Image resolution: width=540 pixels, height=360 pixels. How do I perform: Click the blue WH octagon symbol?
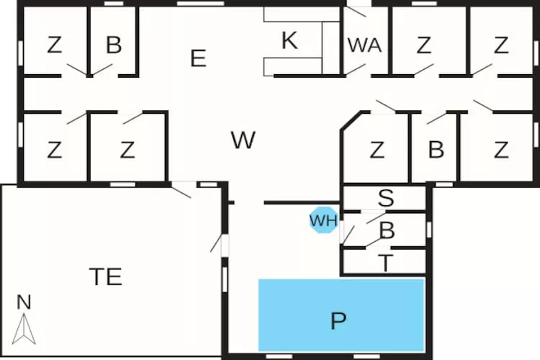tap(324, 220)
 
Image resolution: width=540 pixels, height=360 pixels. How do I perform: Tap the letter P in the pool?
tap(338, 320)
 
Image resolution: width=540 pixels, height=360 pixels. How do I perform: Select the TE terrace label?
tap(106, 276)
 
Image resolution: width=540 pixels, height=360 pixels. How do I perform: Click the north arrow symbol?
tap(24, 328)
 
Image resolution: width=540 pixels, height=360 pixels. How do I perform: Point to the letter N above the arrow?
tap(24, 302)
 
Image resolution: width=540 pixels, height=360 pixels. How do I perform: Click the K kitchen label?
tap(289, 40)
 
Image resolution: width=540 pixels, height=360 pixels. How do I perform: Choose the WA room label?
tap(364, 45)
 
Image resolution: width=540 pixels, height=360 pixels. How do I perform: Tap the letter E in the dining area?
tap(199, 58)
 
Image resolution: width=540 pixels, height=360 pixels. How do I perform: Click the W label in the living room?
tap(243, 140)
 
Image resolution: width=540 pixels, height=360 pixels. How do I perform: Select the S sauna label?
tap(386, 198)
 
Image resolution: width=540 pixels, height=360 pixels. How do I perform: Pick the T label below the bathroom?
tap(386, 263)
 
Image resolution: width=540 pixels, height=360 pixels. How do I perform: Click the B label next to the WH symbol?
tap(387, 230)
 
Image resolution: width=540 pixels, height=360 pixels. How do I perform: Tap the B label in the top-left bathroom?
tap(114, 45)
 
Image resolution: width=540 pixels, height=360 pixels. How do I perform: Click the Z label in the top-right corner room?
tap(501, 45)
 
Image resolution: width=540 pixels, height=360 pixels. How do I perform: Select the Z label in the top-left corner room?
tap(55, 45)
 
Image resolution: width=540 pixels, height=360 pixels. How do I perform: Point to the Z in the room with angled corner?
tap(377, 150)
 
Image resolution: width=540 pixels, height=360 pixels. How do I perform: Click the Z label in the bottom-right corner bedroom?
tap(501, 150)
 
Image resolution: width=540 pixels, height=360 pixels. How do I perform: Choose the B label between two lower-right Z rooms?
tap(436, 150)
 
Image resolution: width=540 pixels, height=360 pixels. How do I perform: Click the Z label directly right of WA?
tap(423, 45)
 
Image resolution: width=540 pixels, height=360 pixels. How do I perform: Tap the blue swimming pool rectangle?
tap(341, 315)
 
